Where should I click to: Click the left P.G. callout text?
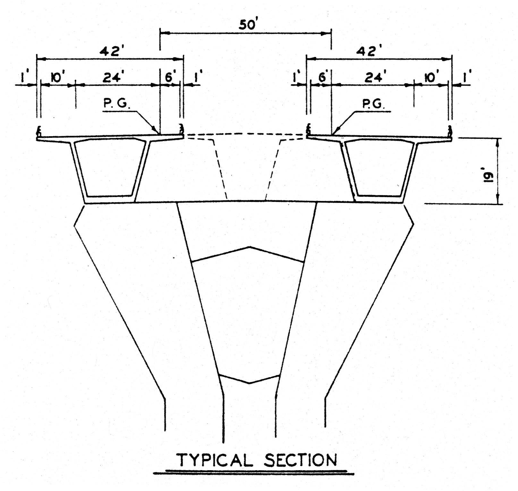tap(116, 104)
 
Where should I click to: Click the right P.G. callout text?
tap(374, 104)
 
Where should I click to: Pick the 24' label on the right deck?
tap(374, 78)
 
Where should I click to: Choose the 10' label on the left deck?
tap(57, 78)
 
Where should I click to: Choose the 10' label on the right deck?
tap(432, 78)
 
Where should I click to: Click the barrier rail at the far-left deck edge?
tap(39, 130)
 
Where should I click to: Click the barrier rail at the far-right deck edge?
tap(450, 130)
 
